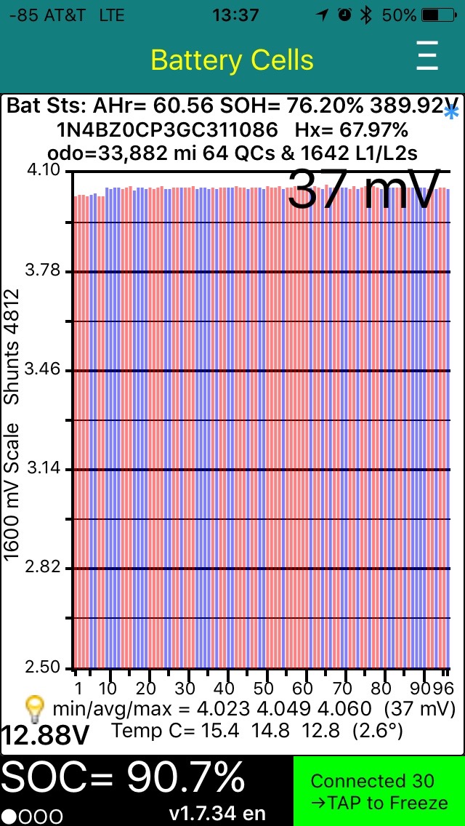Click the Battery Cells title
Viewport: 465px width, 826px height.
pyautogui.click(x=232, y=60)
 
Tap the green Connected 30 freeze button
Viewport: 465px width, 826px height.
pyautogui.click(x=379, y=791)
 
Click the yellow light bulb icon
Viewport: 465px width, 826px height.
pyautogui.click(x=35, y=708)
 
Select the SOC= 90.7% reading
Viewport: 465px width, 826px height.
pyautogui.click(x=124, y=779)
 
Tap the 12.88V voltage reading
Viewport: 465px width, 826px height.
pyautogui.click(x=45, y=735)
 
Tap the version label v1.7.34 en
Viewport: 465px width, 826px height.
pyautogui.click(x=217, y=813)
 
